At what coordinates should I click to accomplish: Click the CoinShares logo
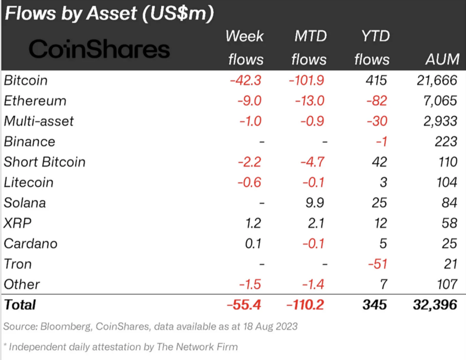pos(99,49)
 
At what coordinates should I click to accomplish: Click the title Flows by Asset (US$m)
pos(109,14)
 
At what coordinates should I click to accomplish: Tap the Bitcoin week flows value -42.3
pos(247,81)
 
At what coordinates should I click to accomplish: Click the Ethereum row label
pos(35,101)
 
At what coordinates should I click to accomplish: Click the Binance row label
pos(30,141)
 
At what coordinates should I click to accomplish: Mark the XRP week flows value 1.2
pos(253,223)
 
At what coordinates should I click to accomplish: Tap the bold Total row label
pos(20,305)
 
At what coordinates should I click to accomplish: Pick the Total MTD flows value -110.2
pos(305,305)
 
